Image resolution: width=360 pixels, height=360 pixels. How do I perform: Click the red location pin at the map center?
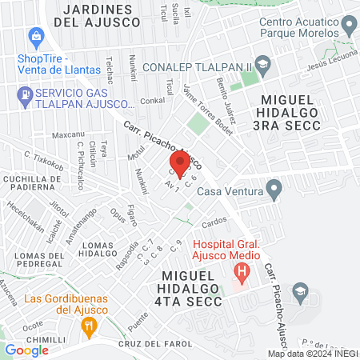pos(180,165)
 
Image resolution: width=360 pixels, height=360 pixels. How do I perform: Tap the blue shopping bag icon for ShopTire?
pos(35,37)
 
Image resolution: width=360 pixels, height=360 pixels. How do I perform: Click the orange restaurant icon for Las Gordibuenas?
pos(89,326)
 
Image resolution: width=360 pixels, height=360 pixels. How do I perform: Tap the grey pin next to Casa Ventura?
pos(275,190)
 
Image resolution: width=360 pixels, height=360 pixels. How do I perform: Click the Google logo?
pos(26,350)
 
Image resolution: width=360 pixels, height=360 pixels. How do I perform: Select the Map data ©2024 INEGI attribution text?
pos(313,354)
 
